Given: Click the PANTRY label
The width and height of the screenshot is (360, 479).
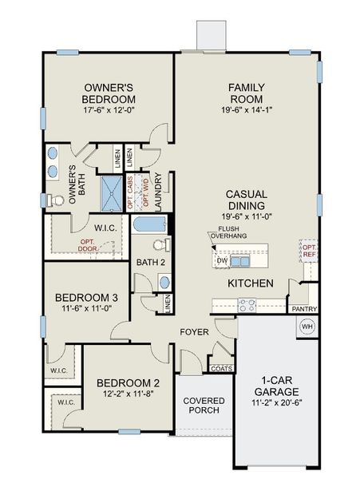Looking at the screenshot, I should [304, 309].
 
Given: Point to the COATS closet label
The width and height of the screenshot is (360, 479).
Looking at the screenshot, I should [221, 368].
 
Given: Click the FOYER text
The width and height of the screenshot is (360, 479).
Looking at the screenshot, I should [194, 330].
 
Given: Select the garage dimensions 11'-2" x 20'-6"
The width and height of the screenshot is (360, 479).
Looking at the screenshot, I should [276, 404].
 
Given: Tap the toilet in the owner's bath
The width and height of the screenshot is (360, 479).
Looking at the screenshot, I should [53, 199].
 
